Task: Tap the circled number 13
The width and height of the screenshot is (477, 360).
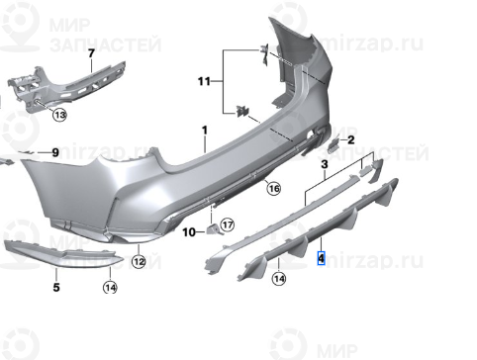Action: click(59, 116)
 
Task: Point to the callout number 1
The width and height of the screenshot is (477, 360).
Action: click(205, 132)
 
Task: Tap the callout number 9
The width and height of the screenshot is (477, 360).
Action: click(55, 152)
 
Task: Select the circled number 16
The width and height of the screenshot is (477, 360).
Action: click(273, 188)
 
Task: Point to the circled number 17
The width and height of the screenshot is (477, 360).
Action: click(227, 225)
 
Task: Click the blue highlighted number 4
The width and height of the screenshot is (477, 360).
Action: click(321, 259)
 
